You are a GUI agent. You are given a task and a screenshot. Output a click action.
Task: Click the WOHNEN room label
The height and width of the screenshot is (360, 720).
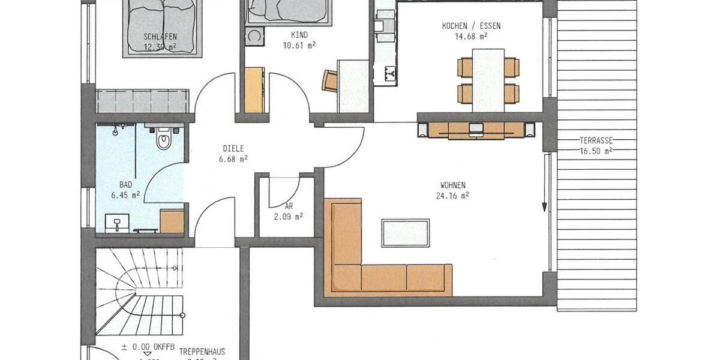click(x=453, y=185)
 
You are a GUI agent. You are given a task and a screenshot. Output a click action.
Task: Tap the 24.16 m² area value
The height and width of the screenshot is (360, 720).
click(x=453, y=194)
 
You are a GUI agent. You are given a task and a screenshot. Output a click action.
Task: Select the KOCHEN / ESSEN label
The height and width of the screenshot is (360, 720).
click(x=471, y=26)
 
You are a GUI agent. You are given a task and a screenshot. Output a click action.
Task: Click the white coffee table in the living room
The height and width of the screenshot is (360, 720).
click(x=406, y=233)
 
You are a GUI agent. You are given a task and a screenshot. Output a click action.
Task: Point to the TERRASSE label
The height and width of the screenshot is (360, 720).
click(x=596, y=140)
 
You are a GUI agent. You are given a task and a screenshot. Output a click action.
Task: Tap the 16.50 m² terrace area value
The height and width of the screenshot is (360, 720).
click(x=596, y=151)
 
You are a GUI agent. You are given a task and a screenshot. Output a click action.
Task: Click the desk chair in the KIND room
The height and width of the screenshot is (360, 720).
click(x=330, y=81)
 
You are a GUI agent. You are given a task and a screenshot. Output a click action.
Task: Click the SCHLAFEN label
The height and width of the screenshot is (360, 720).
click(x=160, y=37)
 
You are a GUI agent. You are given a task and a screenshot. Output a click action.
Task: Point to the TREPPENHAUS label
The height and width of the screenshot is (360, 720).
click(x=202, y=350)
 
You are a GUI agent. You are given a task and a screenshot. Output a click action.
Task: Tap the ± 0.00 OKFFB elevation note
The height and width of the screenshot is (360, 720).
click(x=147, y=346)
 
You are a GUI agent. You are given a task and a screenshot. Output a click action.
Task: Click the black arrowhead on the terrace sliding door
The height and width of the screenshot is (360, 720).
click(x=545, y=207)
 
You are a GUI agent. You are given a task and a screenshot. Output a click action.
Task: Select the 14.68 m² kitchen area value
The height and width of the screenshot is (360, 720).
click(x=471, y=35)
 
